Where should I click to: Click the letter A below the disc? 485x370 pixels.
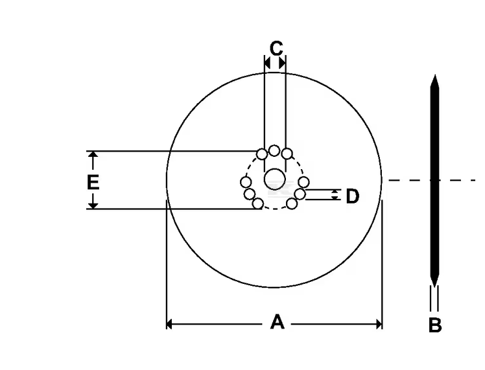pyautogui.click(x=277, y=322)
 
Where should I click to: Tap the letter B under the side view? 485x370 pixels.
pyautogui.click(x=435, y=325)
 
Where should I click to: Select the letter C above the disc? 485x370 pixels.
pyautogui.click(x=276, y=48)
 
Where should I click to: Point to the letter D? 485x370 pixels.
pyautogui.click(x=352, y=196)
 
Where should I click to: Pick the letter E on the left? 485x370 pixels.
pyautogui.click(x=93, y=182)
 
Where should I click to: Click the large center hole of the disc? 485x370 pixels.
pyautogui.click(x=275, y=179)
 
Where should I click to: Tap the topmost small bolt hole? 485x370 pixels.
pyautogui.click(x=274, y=150)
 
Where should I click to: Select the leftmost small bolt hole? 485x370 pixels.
pyautogui.click(x=246, y=182)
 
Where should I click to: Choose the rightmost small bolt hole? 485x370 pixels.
pyautogui.click(x=303, y=182)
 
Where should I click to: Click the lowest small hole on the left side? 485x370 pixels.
pyautogui.click(x=258, y=204)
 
